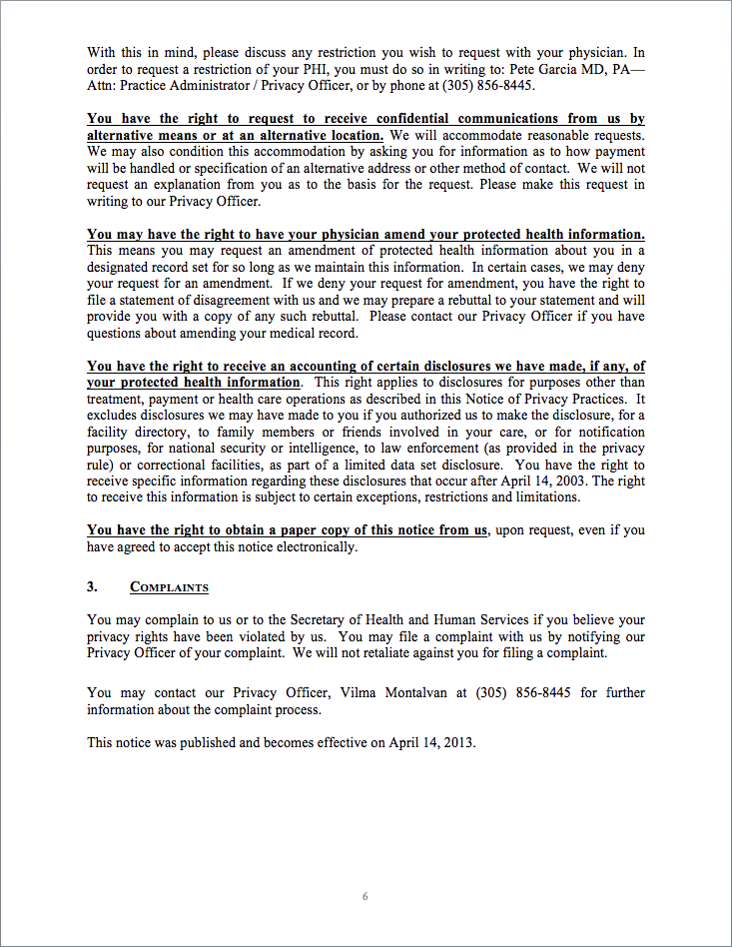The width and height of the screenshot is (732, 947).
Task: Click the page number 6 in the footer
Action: click(x=366, y=896)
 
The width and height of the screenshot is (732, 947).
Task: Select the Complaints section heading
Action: click(x=169, y=587)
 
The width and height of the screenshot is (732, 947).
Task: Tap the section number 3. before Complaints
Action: click(x=92, y=587)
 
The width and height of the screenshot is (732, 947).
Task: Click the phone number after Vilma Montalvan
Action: click(x=523, y=692)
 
